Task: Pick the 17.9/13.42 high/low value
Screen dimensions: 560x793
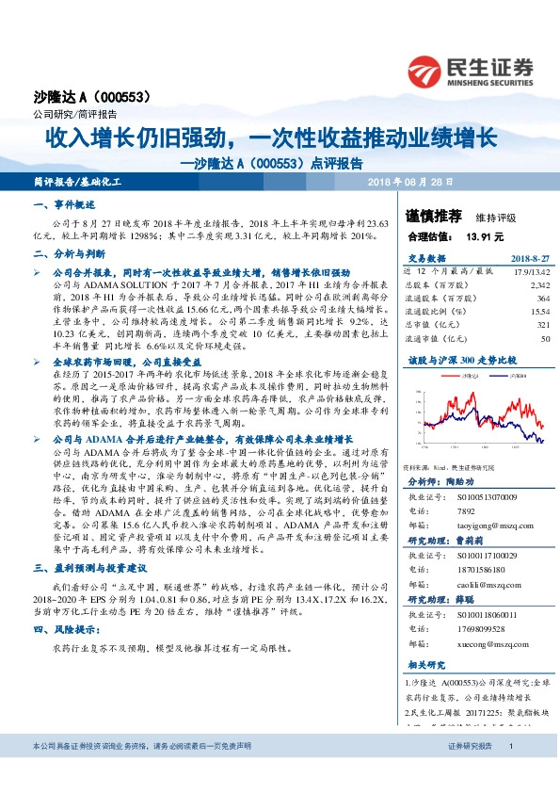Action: (530, 271)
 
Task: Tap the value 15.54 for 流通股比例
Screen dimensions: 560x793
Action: (538, 310)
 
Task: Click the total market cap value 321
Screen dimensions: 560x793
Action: (541, 324)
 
